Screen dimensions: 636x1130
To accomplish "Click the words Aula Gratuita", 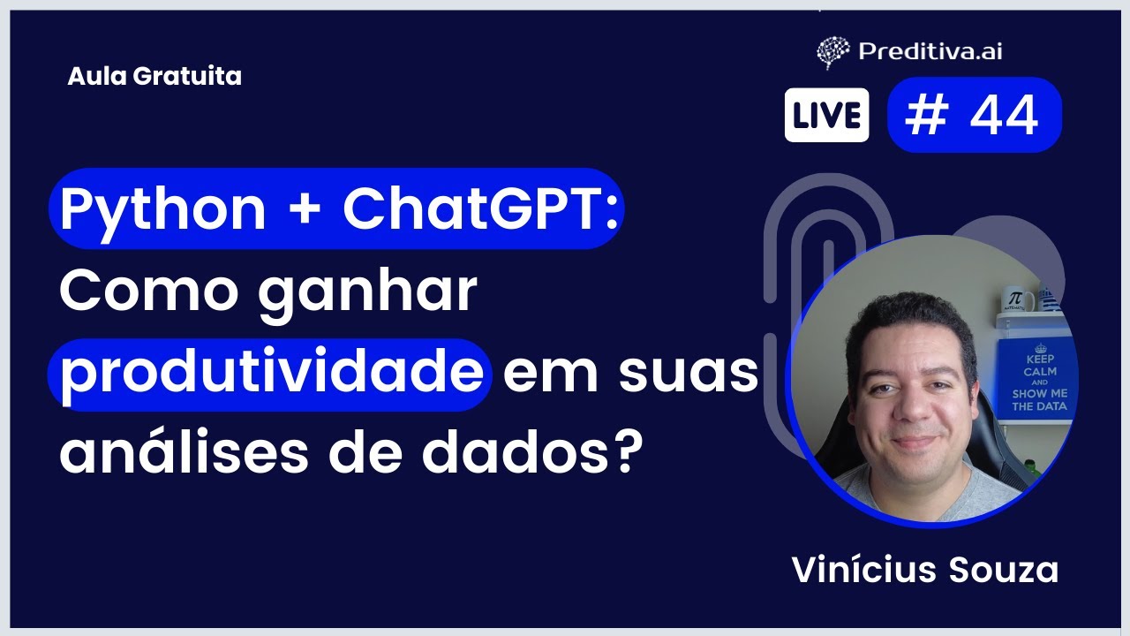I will (x=154, y=77).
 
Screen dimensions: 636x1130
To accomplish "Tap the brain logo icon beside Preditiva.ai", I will (x=832, y=52).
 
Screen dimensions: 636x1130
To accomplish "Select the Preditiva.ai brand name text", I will (x=930, y=51).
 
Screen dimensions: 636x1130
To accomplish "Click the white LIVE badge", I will (x=826, y=116).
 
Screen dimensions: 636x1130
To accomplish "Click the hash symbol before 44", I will (x=925, y=116).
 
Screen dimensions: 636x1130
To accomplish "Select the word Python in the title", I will (x=162, y=209).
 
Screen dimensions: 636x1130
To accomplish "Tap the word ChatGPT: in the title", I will (x=480, y=209).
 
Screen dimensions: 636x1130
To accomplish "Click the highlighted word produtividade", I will (x=270, y=375).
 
